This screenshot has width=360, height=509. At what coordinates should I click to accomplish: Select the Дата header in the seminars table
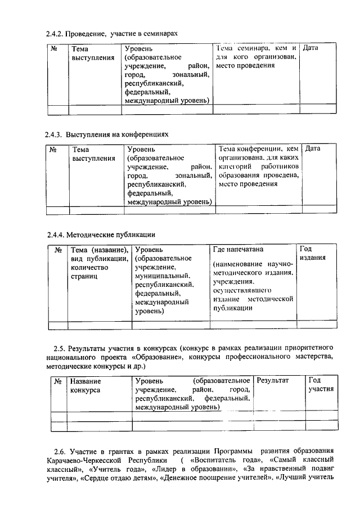310,48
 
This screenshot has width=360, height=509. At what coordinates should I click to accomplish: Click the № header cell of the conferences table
55,149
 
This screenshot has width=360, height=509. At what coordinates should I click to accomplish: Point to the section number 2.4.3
54,135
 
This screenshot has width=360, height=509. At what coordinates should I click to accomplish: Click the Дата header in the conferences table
312,148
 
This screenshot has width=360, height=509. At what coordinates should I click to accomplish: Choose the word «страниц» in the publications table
84,276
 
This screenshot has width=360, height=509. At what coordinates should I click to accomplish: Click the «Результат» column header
272,381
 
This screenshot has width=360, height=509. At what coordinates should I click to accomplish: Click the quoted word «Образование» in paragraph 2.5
160,356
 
